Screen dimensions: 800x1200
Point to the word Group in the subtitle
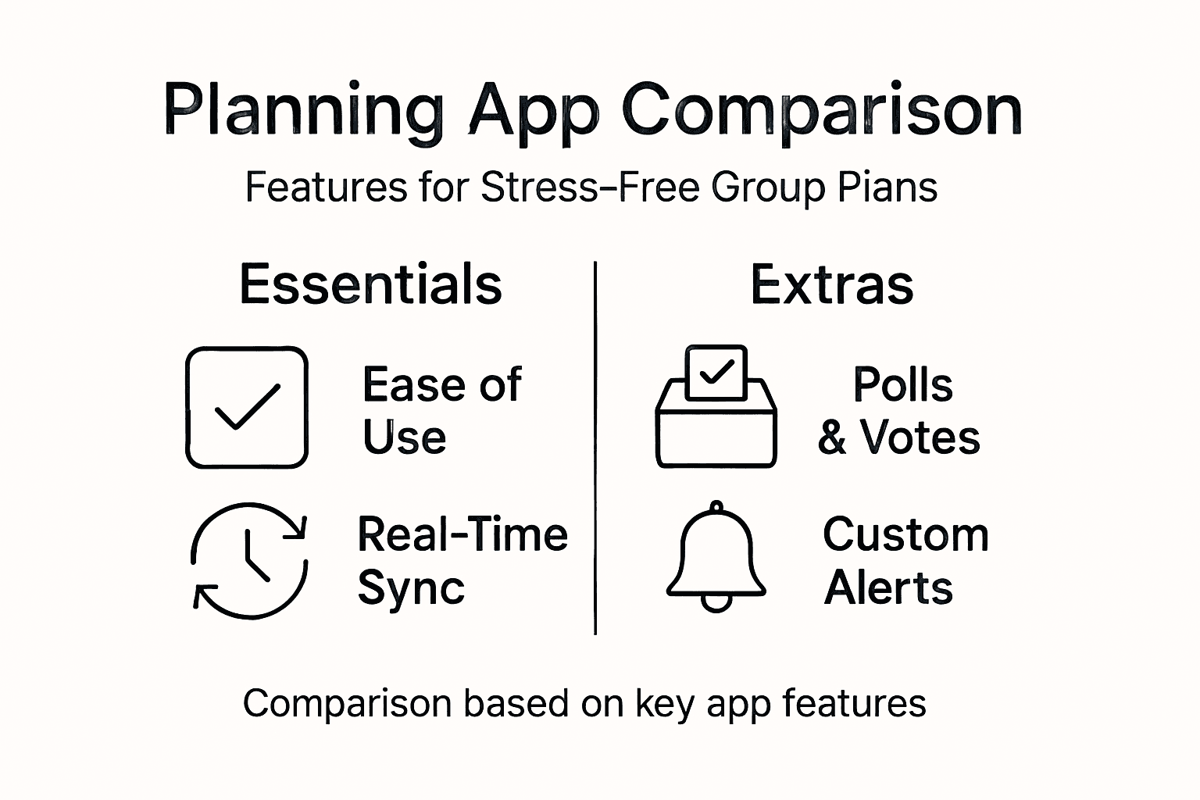(758, 187)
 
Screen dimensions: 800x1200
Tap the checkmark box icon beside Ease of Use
(247, 407)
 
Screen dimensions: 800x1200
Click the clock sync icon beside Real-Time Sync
(249, 560)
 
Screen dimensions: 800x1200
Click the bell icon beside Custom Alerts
(716, 557)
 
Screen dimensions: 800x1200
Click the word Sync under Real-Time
(411, 587)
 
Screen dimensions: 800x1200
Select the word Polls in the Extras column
(903, 384)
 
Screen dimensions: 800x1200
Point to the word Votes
(920, 437)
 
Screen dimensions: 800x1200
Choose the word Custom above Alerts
(905, 535)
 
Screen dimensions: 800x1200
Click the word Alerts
(888, 587)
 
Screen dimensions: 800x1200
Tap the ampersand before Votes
(832, 437)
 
